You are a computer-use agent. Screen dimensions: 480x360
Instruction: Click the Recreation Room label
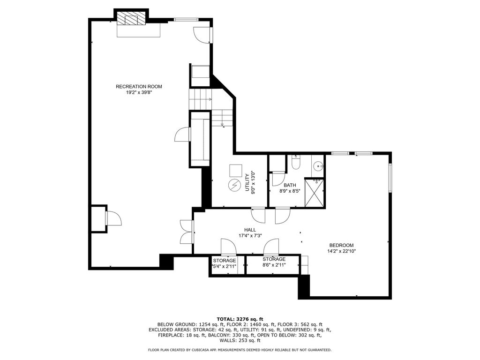(x=139, y=87)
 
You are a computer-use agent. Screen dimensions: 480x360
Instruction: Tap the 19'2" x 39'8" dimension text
(x=139, y=92)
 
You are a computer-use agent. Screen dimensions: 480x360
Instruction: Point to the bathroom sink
(x=318, y=166)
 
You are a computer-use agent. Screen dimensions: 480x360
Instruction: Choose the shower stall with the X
(x=314, y=193)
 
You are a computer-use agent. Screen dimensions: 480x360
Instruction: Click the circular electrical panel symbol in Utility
(x=234, y=185)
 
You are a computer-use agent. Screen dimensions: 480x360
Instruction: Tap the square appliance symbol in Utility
(x=236, y=171)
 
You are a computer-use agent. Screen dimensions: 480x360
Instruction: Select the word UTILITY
(x=247, y=183)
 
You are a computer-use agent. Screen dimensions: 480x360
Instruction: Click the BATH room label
(x=290, y=185)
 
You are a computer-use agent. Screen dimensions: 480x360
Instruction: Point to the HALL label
(x=250, y=230)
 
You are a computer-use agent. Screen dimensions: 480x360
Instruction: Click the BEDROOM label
(x=341, y=245)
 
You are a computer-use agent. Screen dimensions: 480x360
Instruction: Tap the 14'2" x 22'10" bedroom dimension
(x=341, y=251)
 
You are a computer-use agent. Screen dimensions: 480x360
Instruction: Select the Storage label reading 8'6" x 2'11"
(x=274, y=262)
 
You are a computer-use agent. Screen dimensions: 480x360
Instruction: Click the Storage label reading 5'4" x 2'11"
(x=225, y=263)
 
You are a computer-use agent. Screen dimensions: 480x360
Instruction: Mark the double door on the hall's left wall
(x=187, y=232)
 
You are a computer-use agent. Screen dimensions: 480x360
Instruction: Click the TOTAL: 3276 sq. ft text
(x=240, y=319)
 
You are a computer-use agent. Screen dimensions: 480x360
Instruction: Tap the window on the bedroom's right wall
(x=390, y=178)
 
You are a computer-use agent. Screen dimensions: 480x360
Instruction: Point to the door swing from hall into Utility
(x=258, y=215)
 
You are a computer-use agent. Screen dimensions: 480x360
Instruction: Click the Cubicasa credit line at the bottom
(x=240, y=350)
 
